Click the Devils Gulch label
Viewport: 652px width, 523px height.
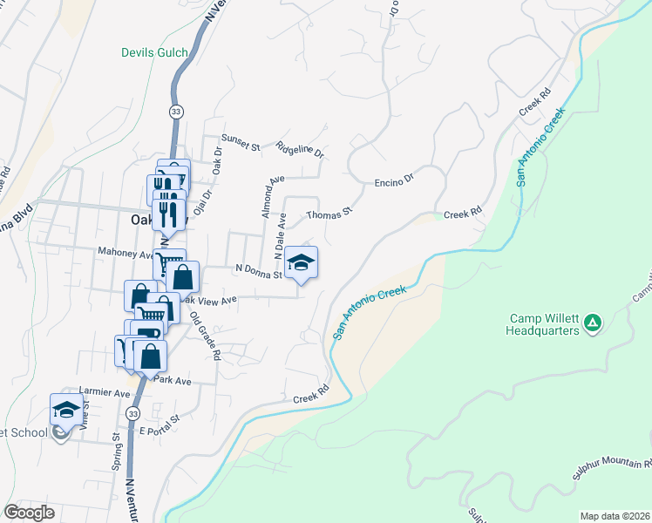[x=154, y=53]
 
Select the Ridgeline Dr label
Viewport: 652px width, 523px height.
[x=300, y=150]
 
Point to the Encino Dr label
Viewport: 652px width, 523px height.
[x=393, y=183]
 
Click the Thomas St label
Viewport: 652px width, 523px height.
[x=329, y=213]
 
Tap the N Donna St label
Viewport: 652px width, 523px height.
[x=257, y=271]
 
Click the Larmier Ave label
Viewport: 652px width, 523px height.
[x=103, y=394]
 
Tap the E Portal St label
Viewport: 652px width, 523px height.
[x=159, y=419]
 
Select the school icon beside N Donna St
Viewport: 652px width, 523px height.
[x=302, y=262]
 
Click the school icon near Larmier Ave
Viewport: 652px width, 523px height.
[x=66, y=409]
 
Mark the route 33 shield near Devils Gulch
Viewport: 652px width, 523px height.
[x=175, y=112]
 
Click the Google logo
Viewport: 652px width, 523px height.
[x=29, y=513]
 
